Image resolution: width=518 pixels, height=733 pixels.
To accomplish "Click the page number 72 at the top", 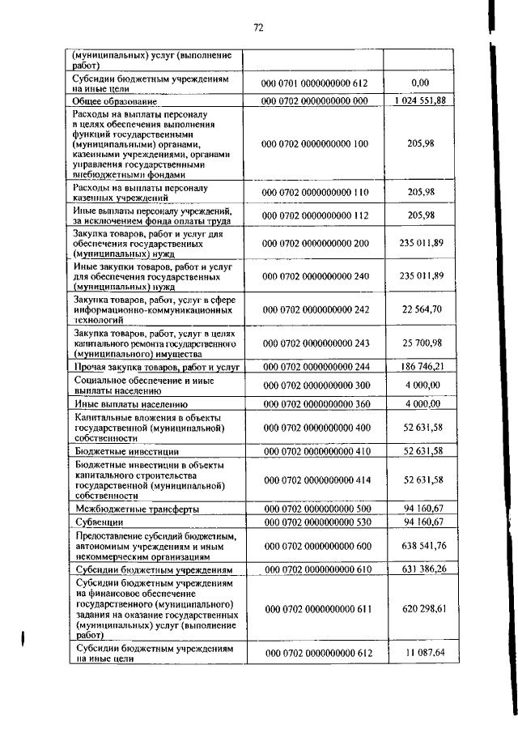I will click(259, 28).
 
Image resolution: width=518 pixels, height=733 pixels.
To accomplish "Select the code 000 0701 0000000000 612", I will click(314, 83).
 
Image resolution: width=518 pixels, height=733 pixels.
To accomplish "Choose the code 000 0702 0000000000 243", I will click(314, 344).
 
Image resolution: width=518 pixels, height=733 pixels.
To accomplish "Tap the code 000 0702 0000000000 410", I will click(314, 450).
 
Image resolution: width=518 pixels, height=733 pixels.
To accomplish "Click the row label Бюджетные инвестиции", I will click(125, 451).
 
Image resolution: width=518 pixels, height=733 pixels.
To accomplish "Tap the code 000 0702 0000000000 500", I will click(314, 509).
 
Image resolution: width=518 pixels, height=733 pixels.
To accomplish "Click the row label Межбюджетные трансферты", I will click(136, 509).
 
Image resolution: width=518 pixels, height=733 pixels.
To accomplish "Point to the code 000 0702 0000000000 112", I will click(314, 215).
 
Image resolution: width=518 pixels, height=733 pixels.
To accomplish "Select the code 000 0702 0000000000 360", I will click(314, 403).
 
